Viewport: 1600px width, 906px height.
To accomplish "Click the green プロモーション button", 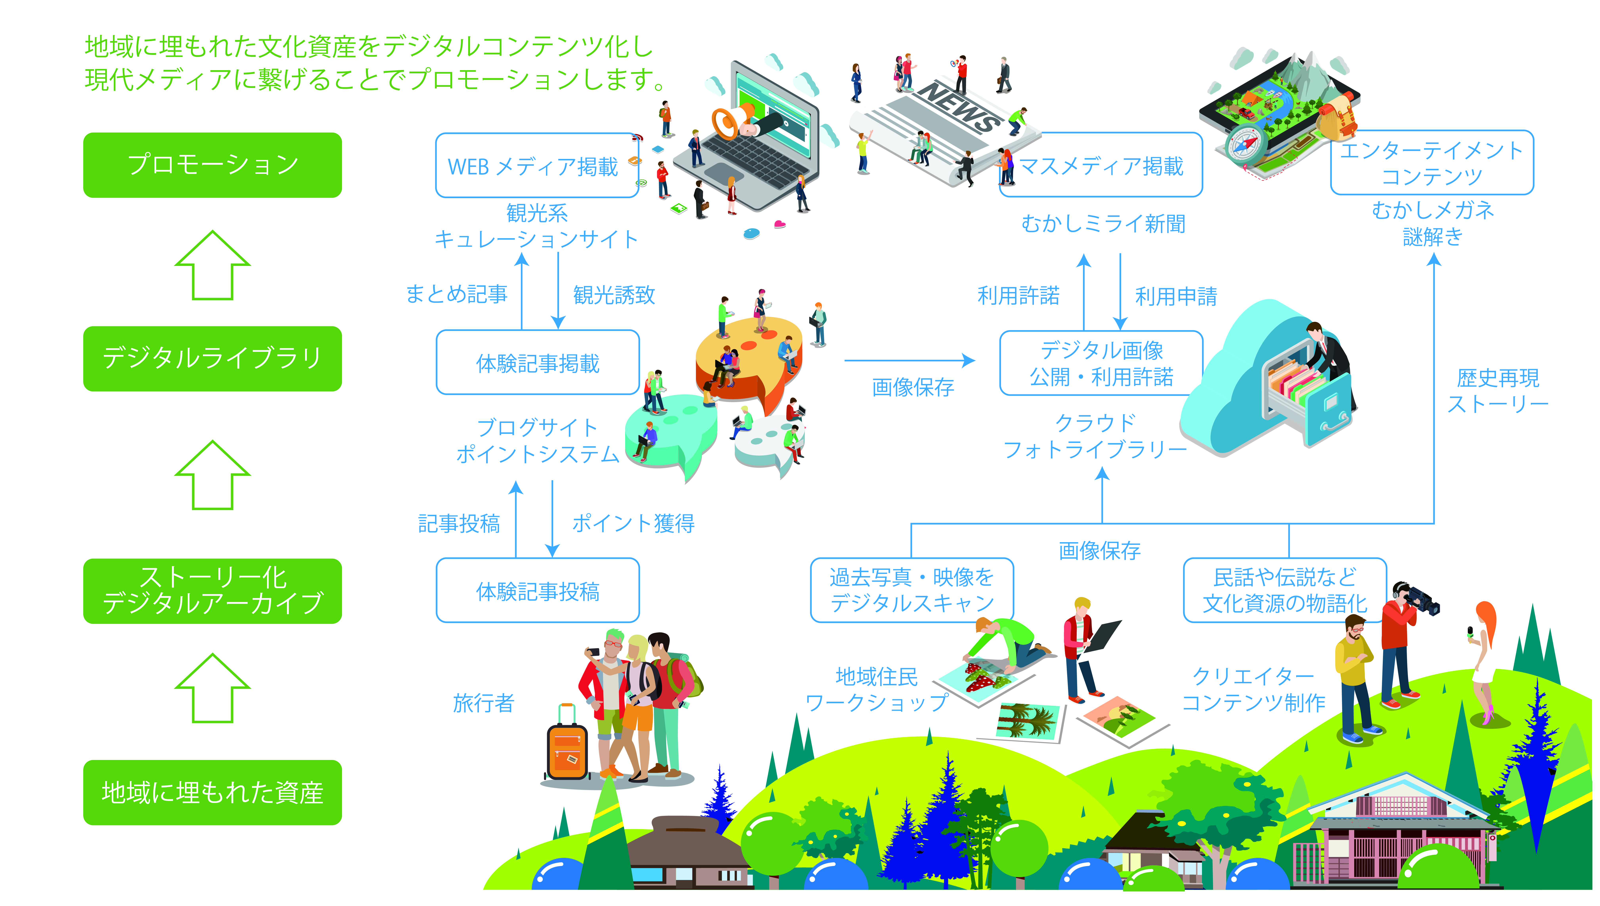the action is coord(212,165).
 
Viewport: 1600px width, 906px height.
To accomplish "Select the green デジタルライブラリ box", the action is coord(212,358).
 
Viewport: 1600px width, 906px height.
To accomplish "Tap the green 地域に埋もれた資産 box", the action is coord(212,792).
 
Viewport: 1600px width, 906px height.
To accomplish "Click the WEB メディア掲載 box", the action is coord(537,165).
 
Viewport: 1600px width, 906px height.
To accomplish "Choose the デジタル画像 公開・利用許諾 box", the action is coord(1101,363).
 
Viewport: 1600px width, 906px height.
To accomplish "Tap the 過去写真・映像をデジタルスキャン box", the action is coord(912,590).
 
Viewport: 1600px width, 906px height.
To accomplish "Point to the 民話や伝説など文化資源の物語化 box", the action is coord(1284,590).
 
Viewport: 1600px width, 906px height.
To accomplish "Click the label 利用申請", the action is coord(1176,296).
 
